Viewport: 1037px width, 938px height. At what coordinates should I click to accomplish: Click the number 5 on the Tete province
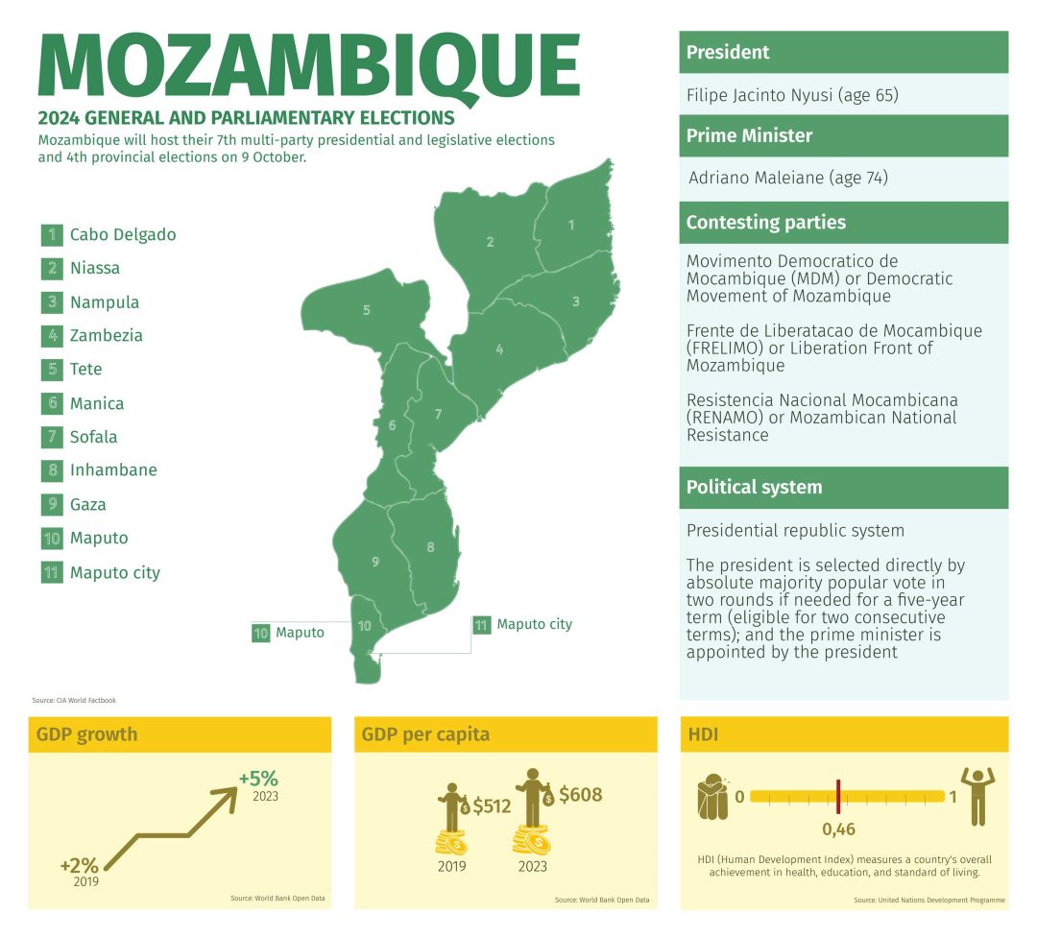[366, 310]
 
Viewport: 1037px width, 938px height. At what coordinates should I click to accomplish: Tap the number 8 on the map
[430, 547]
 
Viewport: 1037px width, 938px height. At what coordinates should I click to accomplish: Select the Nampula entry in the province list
[105, 302]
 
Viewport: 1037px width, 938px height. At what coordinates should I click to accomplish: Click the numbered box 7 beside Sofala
[52, 437]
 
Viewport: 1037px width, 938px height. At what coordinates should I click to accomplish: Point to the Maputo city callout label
[534, 624]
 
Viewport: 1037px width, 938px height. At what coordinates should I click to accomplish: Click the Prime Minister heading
[749, 135]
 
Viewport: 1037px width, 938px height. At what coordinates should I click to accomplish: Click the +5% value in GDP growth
[258, 778]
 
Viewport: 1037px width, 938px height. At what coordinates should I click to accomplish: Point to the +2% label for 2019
[80, 864]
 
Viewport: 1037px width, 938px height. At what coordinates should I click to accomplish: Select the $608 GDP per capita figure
[580, 794]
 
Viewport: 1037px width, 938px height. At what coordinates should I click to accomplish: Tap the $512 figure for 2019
[493, 806]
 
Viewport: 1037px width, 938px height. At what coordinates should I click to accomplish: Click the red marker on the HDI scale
[838, 796]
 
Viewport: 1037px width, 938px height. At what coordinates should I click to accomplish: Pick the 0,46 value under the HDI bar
[839, 828]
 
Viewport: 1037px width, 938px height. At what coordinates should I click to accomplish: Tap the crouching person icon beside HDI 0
[712, 797]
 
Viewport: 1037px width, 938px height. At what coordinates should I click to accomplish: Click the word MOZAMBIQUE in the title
[307, 67]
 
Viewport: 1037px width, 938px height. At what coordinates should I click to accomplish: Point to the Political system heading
[754, 487]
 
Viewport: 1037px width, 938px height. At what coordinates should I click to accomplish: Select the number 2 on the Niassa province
[490, 242]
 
